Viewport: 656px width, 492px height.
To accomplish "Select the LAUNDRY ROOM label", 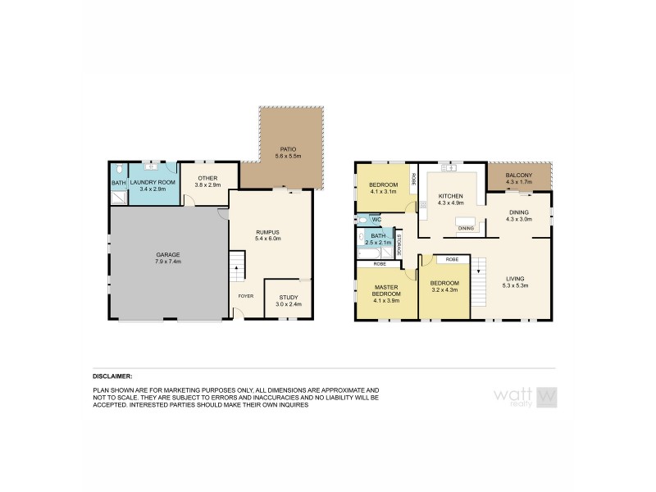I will coord(153,181).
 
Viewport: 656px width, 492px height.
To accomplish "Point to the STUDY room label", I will coord(289,298).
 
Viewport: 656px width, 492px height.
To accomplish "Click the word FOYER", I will coord(245,296).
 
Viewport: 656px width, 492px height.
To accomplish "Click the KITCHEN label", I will coord(451,196).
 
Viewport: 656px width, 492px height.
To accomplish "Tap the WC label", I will coord(376,220).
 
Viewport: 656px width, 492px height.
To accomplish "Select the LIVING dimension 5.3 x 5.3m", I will coord(516,285).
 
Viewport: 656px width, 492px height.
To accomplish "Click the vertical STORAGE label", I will coord(400,247).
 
